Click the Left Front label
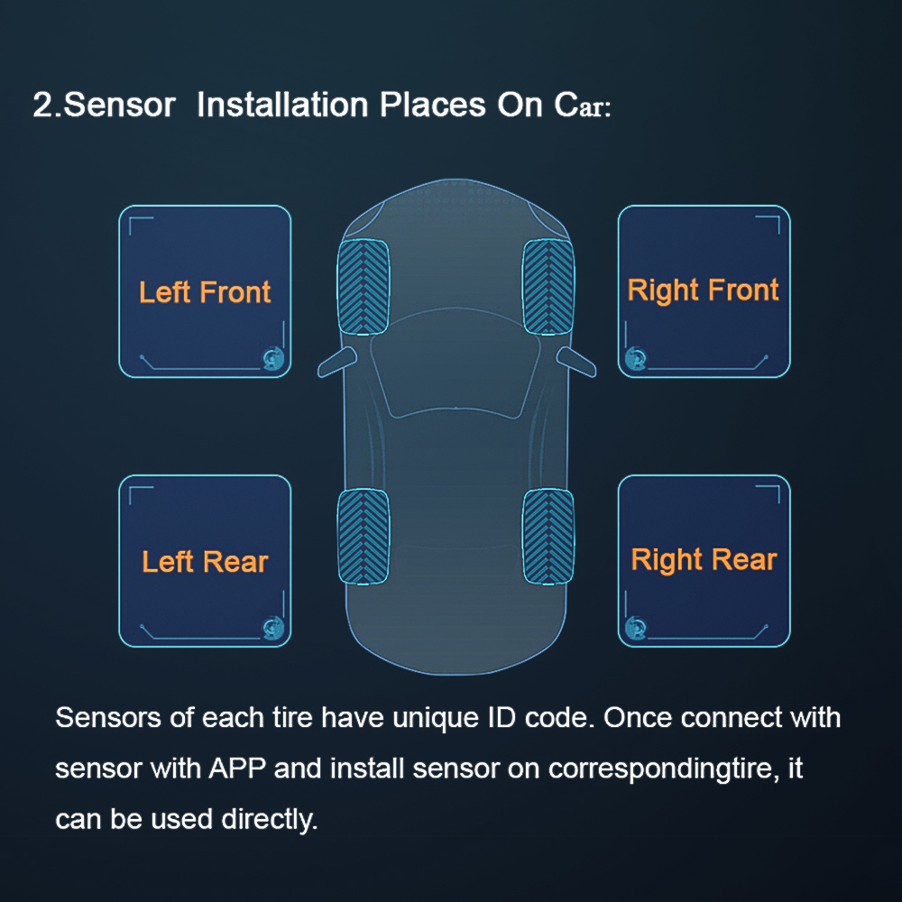[205, 292]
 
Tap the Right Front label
[703, 290]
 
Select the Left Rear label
[205, 562]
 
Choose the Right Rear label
[704, 559]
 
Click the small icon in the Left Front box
[272, 358]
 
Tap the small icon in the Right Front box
[636, 358]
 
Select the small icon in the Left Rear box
[272, 627]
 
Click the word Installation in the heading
[282, 105]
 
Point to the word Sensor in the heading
[120, 105]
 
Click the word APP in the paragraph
[237, 769]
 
